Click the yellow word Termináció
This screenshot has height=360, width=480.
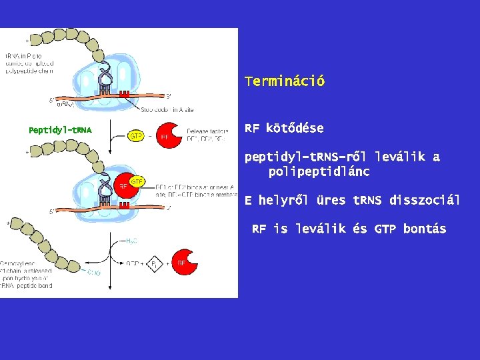(x=285, y=81)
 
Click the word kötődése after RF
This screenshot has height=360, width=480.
(x=295, y=127)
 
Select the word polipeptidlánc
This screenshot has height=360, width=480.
(x=319, y=171)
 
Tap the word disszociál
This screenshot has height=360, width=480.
(x=425, y=199)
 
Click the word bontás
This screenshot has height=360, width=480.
(x=425, y=229)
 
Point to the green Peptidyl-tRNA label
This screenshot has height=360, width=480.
(x=60, y=130)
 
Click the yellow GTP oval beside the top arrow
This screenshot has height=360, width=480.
(x=135, y=136)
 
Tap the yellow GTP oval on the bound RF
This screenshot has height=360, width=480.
(x=137, y=181)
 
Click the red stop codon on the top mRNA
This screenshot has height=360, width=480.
(x=124, y=94)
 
